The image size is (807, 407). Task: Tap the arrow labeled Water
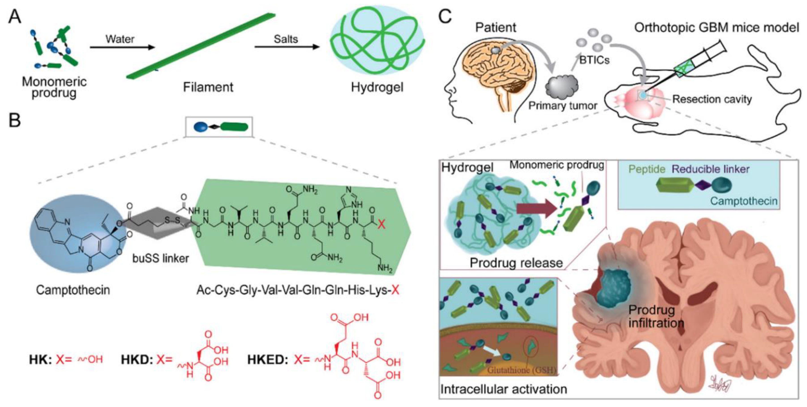click(x=122, y=47)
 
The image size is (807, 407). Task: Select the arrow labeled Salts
click(x=287, y=47)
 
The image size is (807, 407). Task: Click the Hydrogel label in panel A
click(x=377, y=87)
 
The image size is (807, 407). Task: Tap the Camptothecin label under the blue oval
click(x=73, y=290)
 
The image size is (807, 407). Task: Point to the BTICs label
click(x=594, y=60)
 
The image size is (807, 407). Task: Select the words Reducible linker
click(x=711, y=169)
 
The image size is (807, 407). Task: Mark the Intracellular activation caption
click(x=504, y=389)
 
